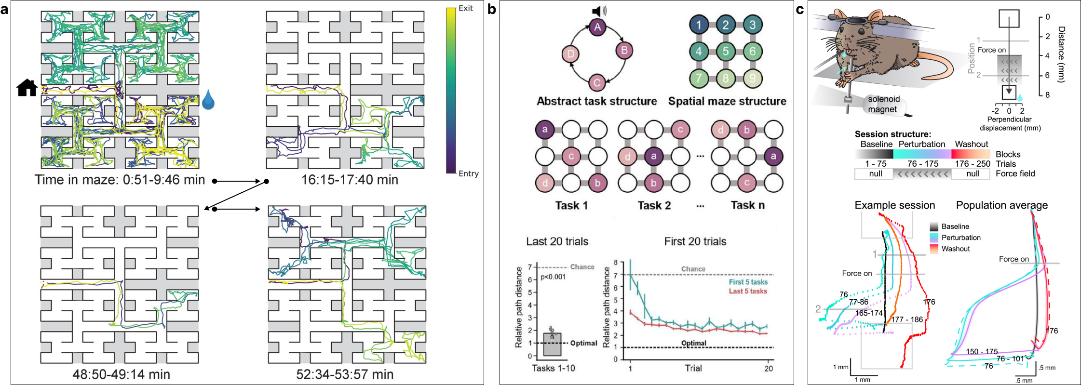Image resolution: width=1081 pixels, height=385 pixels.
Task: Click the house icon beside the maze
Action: [27, 88]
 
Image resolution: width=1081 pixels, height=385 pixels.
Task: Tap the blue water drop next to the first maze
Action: [208, 99]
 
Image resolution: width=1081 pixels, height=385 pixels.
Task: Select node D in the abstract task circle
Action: [571, 54]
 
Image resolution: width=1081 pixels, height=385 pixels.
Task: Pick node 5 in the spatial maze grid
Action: [726, 52]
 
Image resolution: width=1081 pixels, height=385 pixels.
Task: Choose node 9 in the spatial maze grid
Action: [753, 78]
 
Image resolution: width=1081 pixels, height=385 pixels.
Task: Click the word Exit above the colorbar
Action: [466, 8]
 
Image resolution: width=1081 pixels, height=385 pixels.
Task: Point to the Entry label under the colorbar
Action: [468, 173]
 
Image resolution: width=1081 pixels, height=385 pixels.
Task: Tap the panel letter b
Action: [492, 9]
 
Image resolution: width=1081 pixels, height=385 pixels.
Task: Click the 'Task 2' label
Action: [654, 206]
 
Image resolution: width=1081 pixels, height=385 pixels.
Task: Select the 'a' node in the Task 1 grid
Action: [545, 129]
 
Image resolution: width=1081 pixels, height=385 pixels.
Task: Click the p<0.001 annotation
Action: [553, 277]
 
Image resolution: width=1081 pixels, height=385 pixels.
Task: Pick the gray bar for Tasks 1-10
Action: [552, 344]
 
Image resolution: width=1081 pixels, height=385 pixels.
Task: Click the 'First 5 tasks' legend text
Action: [748, 282]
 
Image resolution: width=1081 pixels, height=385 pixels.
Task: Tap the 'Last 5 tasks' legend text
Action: [748, 291]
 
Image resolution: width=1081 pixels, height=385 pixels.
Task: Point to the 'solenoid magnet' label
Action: [883, 104]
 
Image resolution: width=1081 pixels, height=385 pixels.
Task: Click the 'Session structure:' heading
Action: [893, 134]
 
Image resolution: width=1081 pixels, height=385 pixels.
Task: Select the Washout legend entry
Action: [955, 249]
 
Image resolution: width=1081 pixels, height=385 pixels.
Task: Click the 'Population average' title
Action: [1002, 205]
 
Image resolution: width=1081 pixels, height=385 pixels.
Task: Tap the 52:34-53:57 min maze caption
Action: [345, 374]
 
